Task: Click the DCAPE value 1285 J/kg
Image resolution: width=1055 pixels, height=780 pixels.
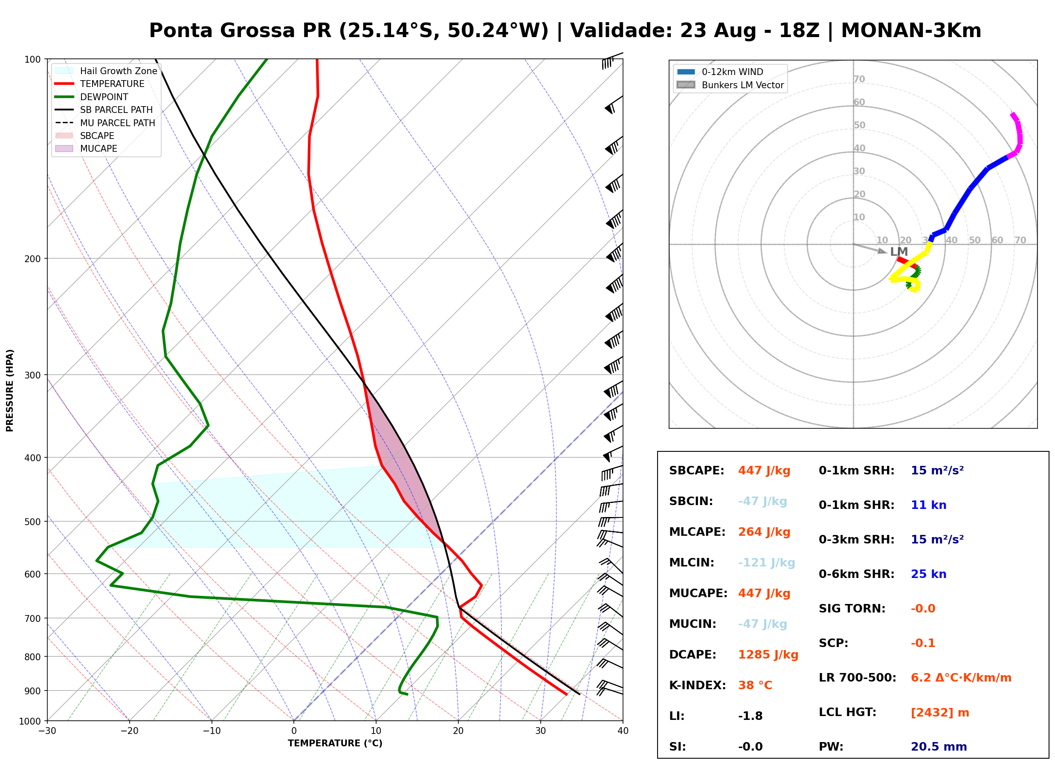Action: (x=768, y=655)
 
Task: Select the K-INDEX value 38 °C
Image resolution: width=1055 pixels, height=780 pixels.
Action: (x=755, y=685)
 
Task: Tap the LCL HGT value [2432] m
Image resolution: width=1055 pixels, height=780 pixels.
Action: (x=940, y=713)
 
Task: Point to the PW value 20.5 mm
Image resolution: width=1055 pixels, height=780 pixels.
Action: (x=939, y=747)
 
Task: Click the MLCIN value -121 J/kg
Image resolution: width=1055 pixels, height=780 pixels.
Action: (x=766, y=563)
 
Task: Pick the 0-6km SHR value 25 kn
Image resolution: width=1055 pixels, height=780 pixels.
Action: (x=928, y=574)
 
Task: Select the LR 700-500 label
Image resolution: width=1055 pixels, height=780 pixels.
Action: (x=857, y=678)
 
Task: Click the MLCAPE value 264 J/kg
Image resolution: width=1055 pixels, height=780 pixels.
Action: (x=764, y=532)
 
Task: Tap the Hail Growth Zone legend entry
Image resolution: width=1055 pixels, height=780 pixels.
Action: (x=106, y=71)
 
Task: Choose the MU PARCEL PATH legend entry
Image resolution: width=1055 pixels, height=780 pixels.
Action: (x=105, y=123)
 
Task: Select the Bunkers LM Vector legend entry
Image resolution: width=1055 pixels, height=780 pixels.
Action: (x=730, y=85)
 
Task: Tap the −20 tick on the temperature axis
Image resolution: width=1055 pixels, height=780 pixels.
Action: (x=129, y=731)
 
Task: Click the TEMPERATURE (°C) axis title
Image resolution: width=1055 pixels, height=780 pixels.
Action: (x=335, y=744)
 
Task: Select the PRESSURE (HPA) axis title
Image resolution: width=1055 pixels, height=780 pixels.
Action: (x=10, y=390)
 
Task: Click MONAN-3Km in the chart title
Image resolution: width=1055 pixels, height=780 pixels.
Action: (x=911, y=31)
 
